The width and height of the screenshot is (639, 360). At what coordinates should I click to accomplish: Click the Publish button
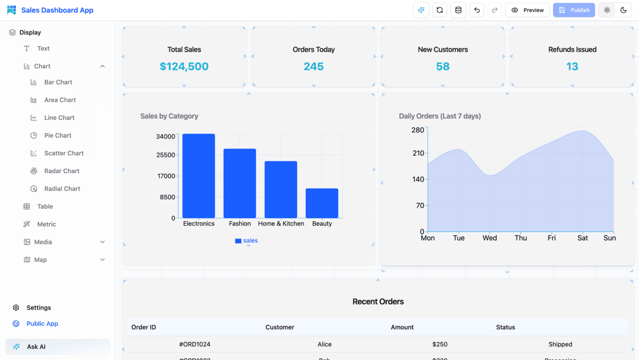pos(574,10)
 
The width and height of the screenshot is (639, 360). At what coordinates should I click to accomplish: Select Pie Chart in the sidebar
pos(58,135)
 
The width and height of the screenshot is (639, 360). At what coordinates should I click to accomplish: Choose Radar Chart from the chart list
pos(62,171)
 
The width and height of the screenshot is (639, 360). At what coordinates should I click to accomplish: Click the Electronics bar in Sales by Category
pos(199,176)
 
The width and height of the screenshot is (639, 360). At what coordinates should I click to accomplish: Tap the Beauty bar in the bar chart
pos(322,203)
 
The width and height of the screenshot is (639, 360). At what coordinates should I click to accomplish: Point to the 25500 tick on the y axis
pos(166,155)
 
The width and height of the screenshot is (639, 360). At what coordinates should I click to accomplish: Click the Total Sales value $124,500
pos(184,67)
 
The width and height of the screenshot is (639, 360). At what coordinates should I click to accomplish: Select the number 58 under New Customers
pos(443,67)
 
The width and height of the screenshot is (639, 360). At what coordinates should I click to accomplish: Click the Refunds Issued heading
pos(572,50)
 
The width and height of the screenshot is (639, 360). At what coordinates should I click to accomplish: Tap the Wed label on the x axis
pos(489,238)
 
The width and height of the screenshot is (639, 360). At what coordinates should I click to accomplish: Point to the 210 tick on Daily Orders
pos(418,153)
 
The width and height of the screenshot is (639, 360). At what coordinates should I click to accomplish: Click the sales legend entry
pos(247,241)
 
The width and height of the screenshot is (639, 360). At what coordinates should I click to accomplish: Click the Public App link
pos(42,324)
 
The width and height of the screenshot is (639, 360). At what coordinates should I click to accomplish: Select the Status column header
pos(505,327)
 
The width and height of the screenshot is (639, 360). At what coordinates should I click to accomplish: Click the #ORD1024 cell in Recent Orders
pos(195,345)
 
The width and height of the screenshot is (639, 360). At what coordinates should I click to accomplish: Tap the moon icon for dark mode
pos(624,10)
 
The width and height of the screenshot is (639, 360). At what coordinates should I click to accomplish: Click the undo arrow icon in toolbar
pos(477,10)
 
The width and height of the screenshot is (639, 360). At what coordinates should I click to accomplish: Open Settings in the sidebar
pos(39,308)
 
